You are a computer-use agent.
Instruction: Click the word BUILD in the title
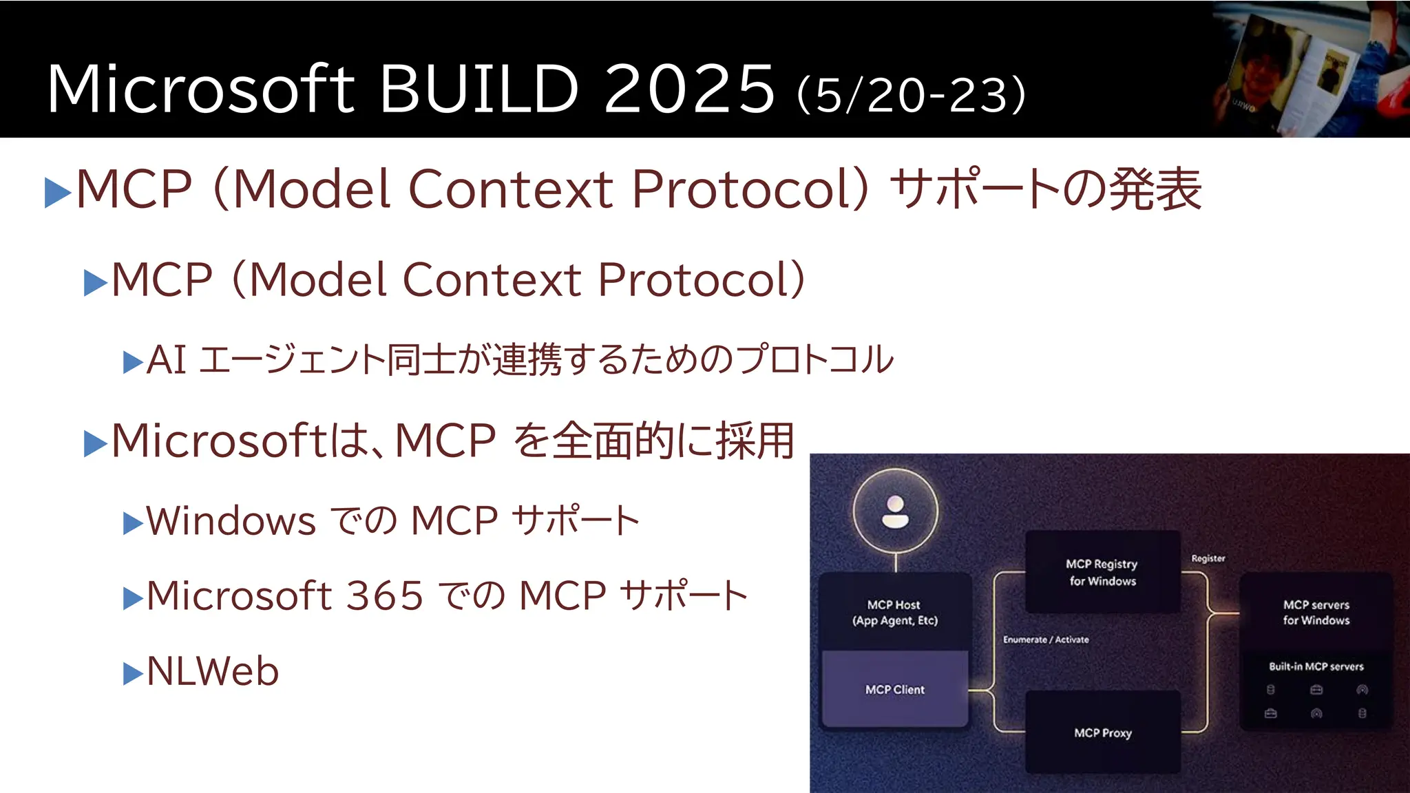pos(478,89)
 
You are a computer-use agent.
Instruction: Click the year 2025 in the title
pos(689,89)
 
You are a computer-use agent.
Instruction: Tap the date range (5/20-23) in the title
pos(911,95)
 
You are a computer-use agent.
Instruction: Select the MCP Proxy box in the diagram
pos(1102,733)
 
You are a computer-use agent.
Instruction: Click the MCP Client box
pos(894,689)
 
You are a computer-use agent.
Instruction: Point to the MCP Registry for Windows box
pos(1102,572)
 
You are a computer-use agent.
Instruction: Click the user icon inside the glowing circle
pos(895,511)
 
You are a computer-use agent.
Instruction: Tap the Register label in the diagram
pos(1208,558)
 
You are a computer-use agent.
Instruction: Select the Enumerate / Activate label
pos(1046,639)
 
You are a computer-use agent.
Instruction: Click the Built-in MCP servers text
pos(1316,666)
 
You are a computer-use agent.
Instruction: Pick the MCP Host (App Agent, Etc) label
pos(894,612)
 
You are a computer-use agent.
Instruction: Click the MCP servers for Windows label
pos(1316,612)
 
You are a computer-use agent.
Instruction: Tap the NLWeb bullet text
pos(213,671)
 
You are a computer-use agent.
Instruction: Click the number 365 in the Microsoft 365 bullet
pos(384,595)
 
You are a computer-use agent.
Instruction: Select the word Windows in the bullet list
pos(231,521)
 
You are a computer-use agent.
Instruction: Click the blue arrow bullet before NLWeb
pos(132,674)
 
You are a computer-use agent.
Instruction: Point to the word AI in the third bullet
pos(166,360)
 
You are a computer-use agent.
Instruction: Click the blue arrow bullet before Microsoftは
pos(95,443)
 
